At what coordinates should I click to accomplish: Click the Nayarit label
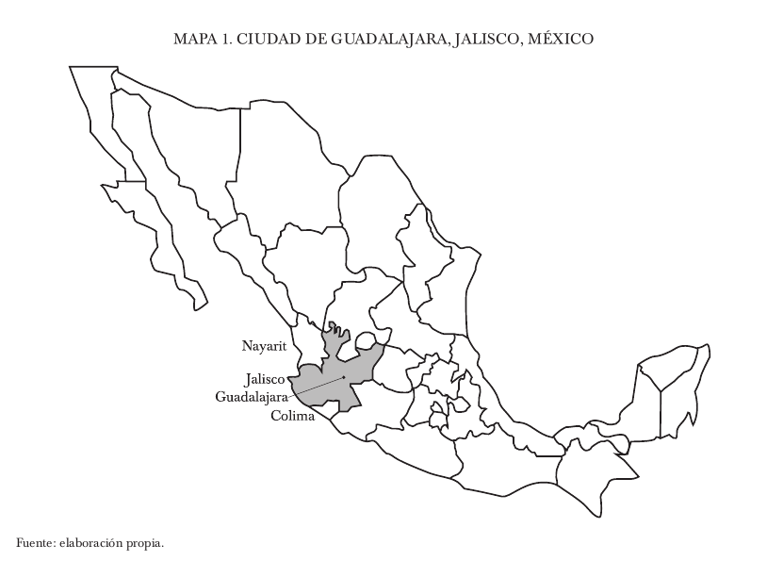(263, 346)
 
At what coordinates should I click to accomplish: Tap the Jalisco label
(264, 379)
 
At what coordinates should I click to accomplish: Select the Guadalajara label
(251, 396)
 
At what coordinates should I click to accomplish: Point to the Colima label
(292, 416)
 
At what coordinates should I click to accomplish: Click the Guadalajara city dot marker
(345, 378)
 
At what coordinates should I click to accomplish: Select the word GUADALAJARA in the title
(386, 40)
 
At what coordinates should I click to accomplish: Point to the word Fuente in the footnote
(35, 543)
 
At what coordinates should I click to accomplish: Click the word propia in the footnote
(145, 543)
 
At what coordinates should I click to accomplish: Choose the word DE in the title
(311, 40)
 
